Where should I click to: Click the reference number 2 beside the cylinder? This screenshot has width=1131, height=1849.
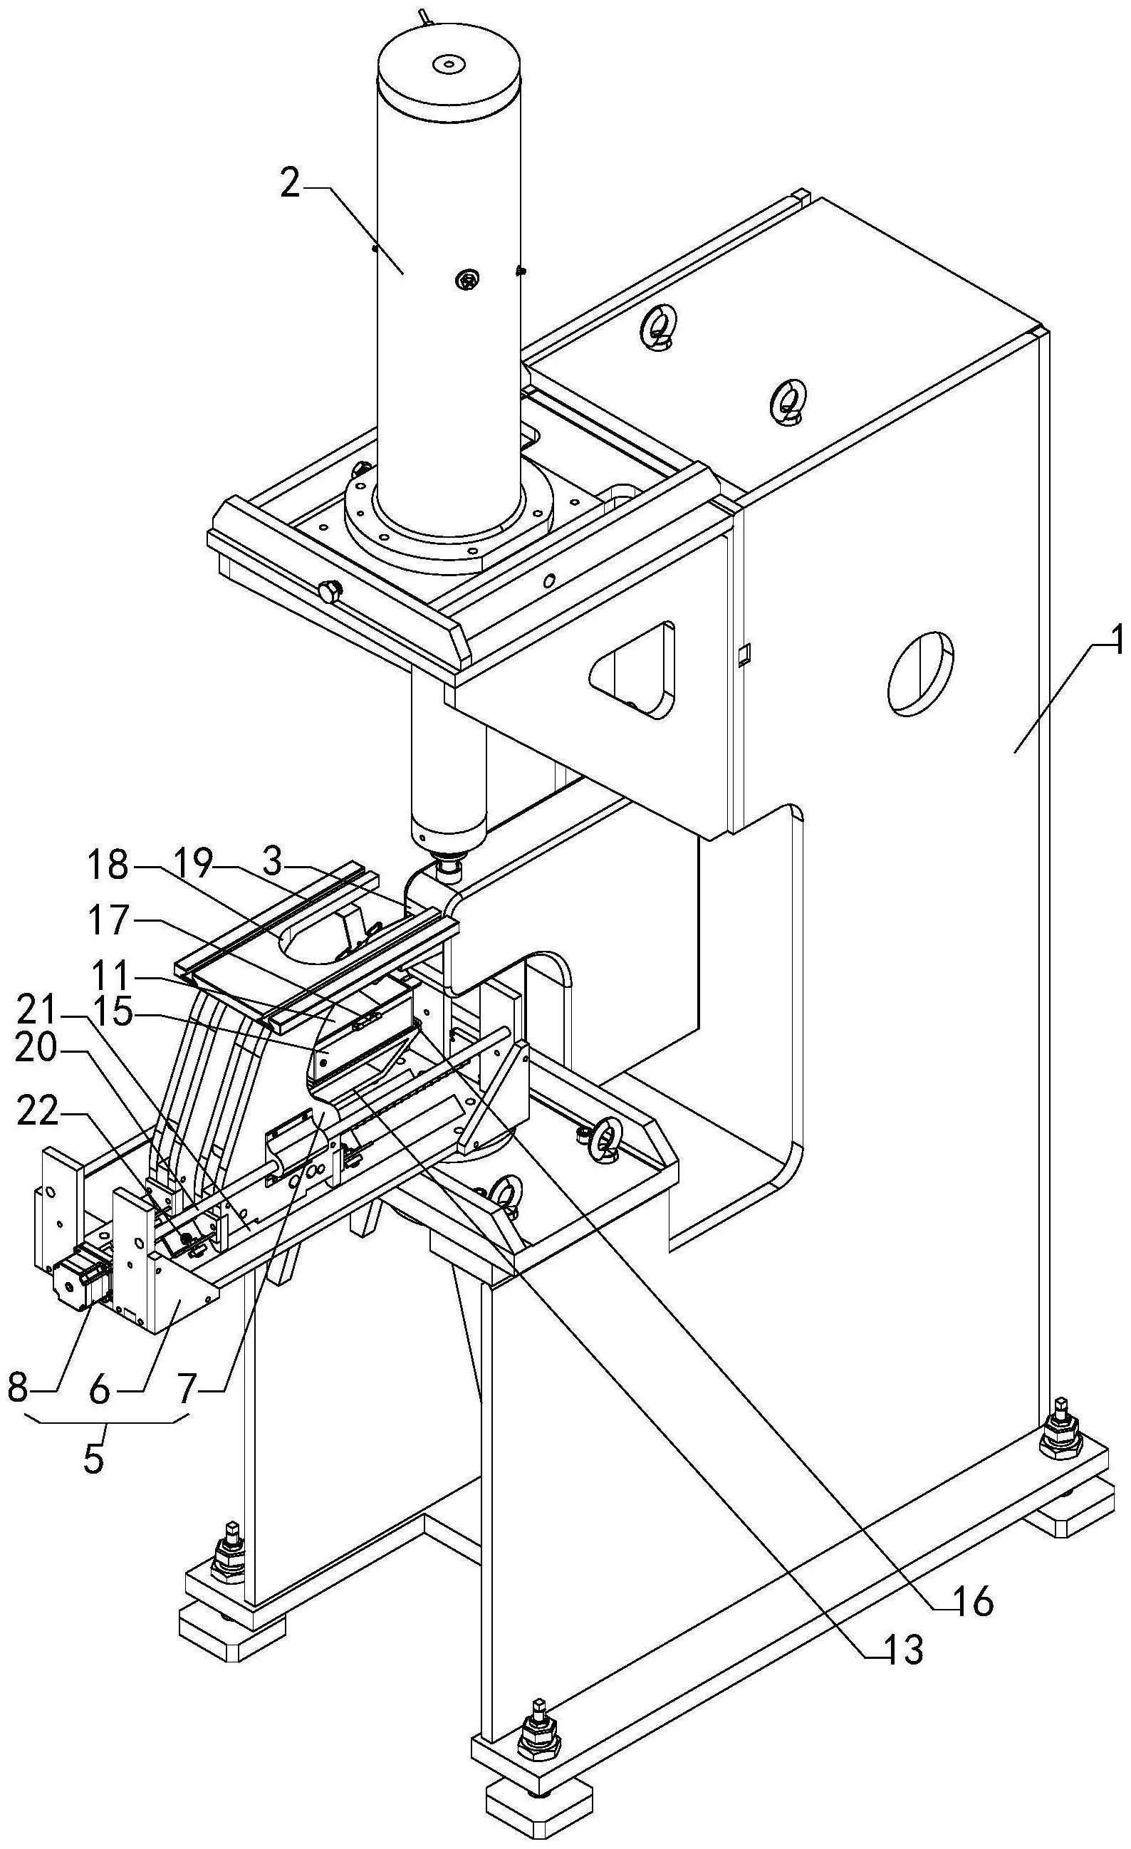[x=290, y=184]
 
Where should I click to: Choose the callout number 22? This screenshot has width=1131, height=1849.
[x=192, y=1390]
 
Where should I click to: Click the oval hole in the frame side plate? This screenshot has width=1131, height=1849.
[x=920, y=672]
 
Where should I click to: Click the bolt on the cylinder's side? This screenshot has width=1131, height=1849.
[x=466, y=280]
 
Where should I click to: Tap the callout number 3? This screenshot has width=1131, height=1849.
[x=273, y=864]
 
